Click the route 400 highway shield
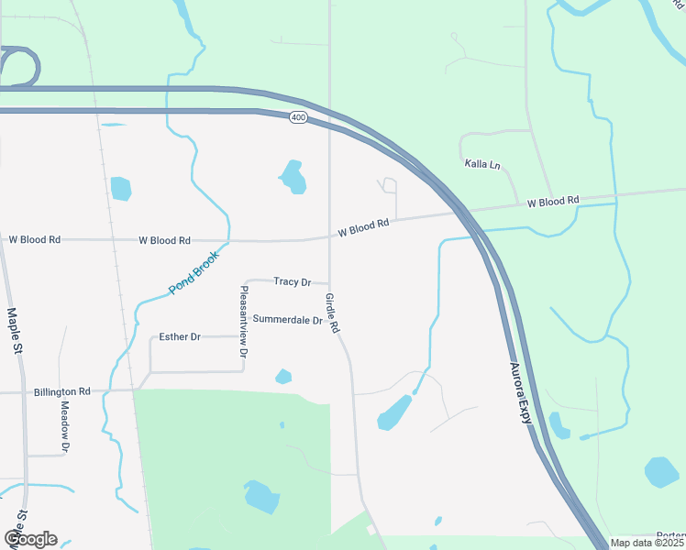[297, 117]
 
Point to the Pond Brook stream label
[193, 273]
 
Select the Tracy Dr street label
[293, 282]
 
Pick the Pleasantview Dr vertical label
[243, 321]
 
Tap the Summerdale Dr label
[287, 320]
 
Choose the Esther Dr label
[180, 337]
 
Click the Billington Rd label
[62, 391]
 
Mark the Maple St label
[14, 330]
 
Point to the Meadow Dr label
[65, 426]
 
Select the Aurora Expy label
[521, 394]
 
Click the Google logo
[30, 539]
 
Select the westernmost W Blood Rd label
[34, 239]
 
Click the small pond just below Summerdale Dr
[283, 376]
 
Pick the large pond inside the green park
[261, 497]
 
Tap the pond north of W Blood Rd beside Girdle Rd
[293, 177]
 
